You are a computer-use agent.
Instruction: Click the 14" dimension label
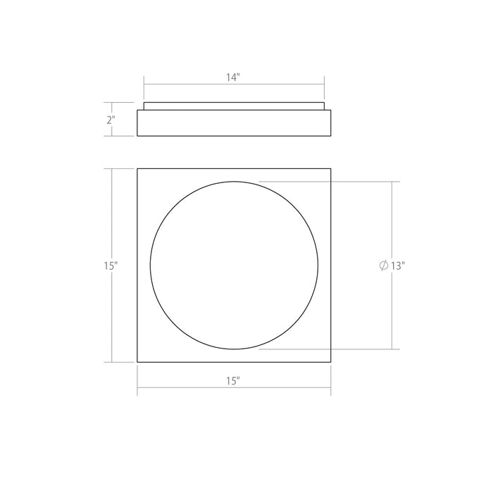coord(233,77)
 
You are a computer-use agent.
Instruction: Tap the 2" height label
coord(111,120)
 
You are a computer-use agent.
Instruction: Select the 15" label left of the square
coord(111,266)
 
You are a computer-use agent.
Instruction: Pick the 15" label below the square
coord(233,381)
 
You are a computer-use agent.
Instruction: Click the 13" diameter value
coord(398,266)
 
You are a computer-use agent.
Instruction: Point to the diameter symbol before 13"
coord(384,266)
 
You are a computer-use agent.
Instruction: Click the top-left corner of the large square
coord(137,169)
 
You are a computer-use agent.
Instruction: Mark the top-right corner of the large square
coord(331,169)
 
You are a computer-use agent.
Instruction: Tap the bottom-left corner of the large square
coord(137,362)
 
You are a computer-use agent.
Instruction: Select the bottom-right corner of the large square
coord(331,362)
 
